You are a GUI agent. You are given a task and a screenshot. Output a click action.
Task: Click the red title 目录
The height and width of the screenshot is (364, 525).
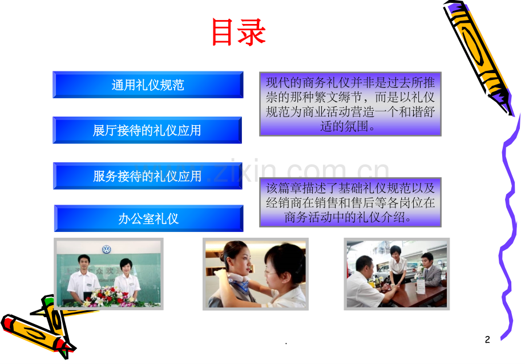239,33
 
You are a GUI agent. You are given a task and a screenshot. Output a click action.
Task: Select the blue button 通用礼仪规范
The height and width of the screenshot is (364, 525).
148,85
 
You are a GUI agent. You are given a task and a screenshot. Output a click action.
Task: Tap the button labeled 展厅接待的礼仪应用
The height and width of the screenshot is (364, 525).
147,130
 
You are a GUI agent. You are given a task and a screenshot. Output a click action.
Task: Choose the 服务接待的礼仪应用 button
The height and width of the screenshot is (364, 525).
147,176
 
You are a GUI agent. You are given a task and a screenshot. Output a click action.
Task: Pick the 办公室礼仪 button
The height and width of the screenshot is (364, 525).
148,218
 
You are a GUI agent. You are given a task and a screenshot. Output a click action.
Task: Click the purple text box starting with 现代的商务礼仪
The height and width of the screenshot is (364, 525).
350,103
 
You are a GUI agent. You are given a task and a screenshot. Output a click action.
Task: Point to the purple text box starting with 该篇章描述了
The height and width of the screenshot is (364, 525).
350,202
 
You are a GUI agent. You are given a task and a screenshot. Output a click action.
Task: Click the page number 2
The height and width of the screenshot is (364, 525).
487,340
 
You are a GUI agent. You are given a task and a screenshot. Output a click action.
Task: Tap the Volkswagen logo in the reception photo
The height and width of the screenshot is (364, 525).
107,250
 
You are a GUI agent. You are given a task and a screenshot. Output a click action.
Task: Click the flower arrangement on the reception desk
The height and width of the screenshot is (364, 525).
108,296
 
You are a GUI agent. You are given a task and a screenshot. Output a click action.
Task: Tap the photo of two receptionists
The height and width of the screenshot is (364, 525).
108,274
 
